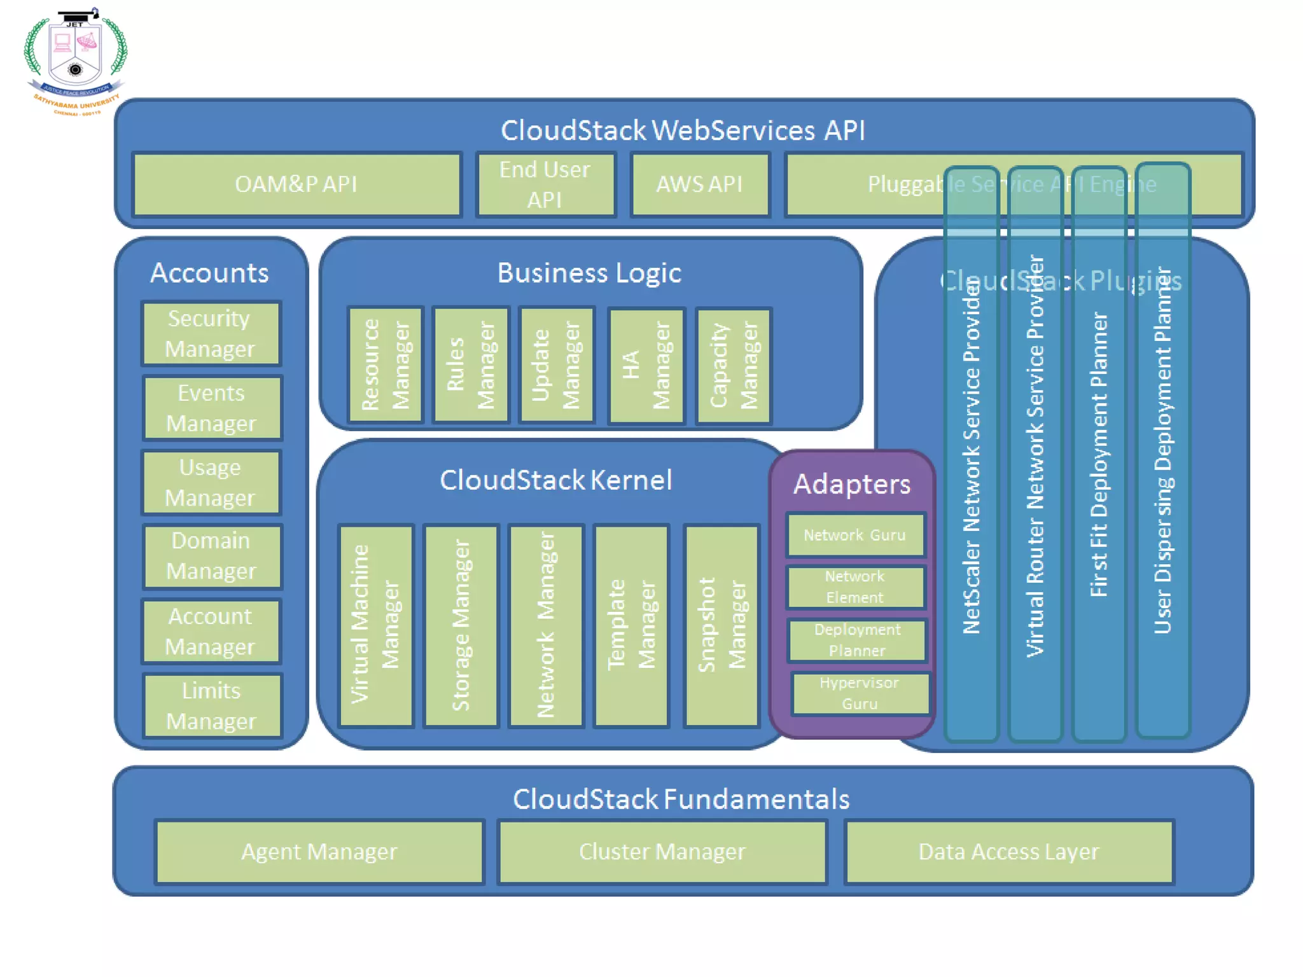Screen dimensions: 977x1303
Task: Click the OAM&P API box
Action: click(x=296, y=184)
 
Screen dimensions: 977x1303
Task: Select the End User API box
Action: click(x=545, y=184)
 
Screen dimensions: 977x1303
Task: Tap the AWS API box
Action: click(x=700, y=184)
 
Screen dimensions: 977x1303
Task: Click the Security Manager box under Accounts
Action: click(x=211, y=334)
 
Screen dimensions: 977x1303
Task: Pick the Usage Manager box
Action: click(x=211, y=483)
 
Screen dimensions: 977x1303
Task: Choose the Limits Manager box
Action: click(x=212, y=706)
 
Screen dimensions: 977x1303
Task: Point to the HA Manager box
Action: click(x=646, y=366)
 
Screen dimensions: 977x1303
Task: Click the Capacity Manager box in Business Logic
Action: click(x=734, y=366)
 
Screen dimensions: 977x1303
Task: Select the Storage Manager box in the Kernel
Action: click(x=461, y=625)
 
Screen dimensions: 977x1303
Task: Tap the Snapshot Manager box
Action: click(x=721, y=625)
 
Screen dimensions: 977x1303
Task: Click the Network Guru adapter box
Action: click(x=855, y=535)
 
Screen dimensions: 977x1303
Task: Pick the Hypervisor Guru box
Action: click(x=860, y=693)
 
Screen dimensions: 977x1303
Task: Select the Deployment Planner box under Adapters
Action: click(x=857, y=640)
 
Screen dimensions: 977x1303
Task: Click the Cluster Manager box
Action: click(x=662, y=852)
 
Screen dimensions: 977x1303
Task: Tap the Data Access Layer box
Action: click(x=1009, y=852)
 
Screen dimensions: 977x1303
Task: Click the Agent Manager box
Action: click(x=319, y=852)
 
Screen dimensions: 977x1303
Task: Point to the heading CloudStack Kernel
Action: click(x=555, y=480)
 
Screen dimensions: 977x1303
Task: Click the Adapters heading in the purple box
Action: click(x=852, y=484)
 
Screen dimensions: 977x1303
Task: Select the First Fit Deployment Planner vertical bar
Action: click(x=1099, y=455)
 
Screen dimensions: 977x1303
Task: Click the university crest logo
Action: click(x=76, y=60)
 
